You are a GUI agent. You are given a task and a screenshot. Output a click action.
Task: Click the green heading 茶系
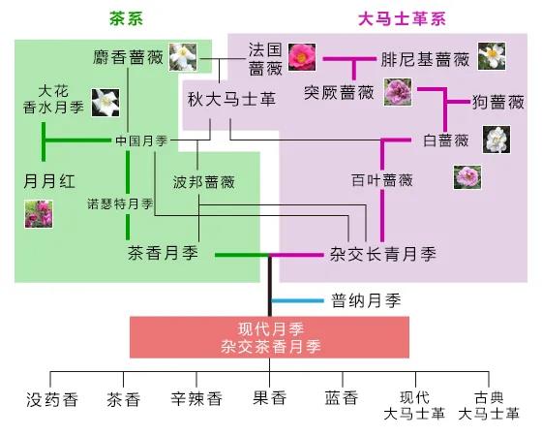pos(126,18)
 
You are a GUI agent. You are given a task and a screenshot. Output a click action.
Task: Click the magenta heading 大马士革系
pos(402,18)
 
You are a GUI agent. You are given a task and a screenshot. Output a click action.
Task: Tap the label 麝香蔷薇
pos(128,57)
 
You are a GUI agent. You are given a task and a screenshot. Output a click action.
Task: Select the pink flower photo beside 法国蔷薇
pos(302,57)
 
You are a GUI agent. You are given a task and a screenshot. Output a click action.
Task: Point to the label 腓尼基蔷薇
pos(425,59)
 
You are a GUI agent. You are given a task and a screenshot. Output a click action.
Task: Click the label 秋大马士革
pos(231,99)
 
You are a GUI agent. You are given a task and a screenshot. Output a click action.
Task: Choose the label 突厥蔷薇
pos(339,92)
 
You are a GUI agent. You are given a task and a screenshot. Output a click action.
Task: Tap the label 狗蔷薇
pos(498,102)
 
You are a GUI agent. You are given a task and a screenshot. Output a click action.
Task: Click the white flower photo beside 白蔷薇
pos(497,140)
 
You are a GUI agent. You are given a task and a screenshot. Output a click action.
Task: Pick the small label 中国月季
pos(141,140)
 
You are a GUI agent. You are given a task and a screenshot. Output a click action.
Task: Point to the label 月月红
pos(49,181)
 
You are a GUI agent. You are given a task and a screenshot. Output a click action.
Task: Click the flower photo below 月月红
pos(39,214)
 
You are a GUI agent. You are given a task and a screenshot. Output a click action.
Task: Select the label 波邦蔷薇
pos(204,182)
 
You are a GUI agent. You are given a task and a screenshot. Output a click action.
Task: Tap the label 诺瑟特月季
pos(120,203)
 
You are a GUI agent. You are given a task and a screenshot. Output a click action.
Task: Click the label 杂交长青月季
pos(383,254)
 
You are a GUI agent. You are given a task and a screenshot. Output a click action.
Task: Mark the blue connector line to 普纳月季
pos(298,300)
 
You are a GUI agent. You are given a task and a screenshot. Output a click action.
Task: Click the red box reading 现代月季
pos(270,337)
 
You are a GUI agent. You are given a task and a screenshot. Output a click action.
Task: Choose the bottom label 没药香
pos(52,399)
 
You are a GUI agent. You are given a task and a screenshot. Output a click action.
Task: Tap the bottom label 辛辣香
pos(196,399)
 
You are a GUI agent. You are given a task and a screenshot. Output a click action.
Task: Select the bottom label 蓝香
pos(342,398)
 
